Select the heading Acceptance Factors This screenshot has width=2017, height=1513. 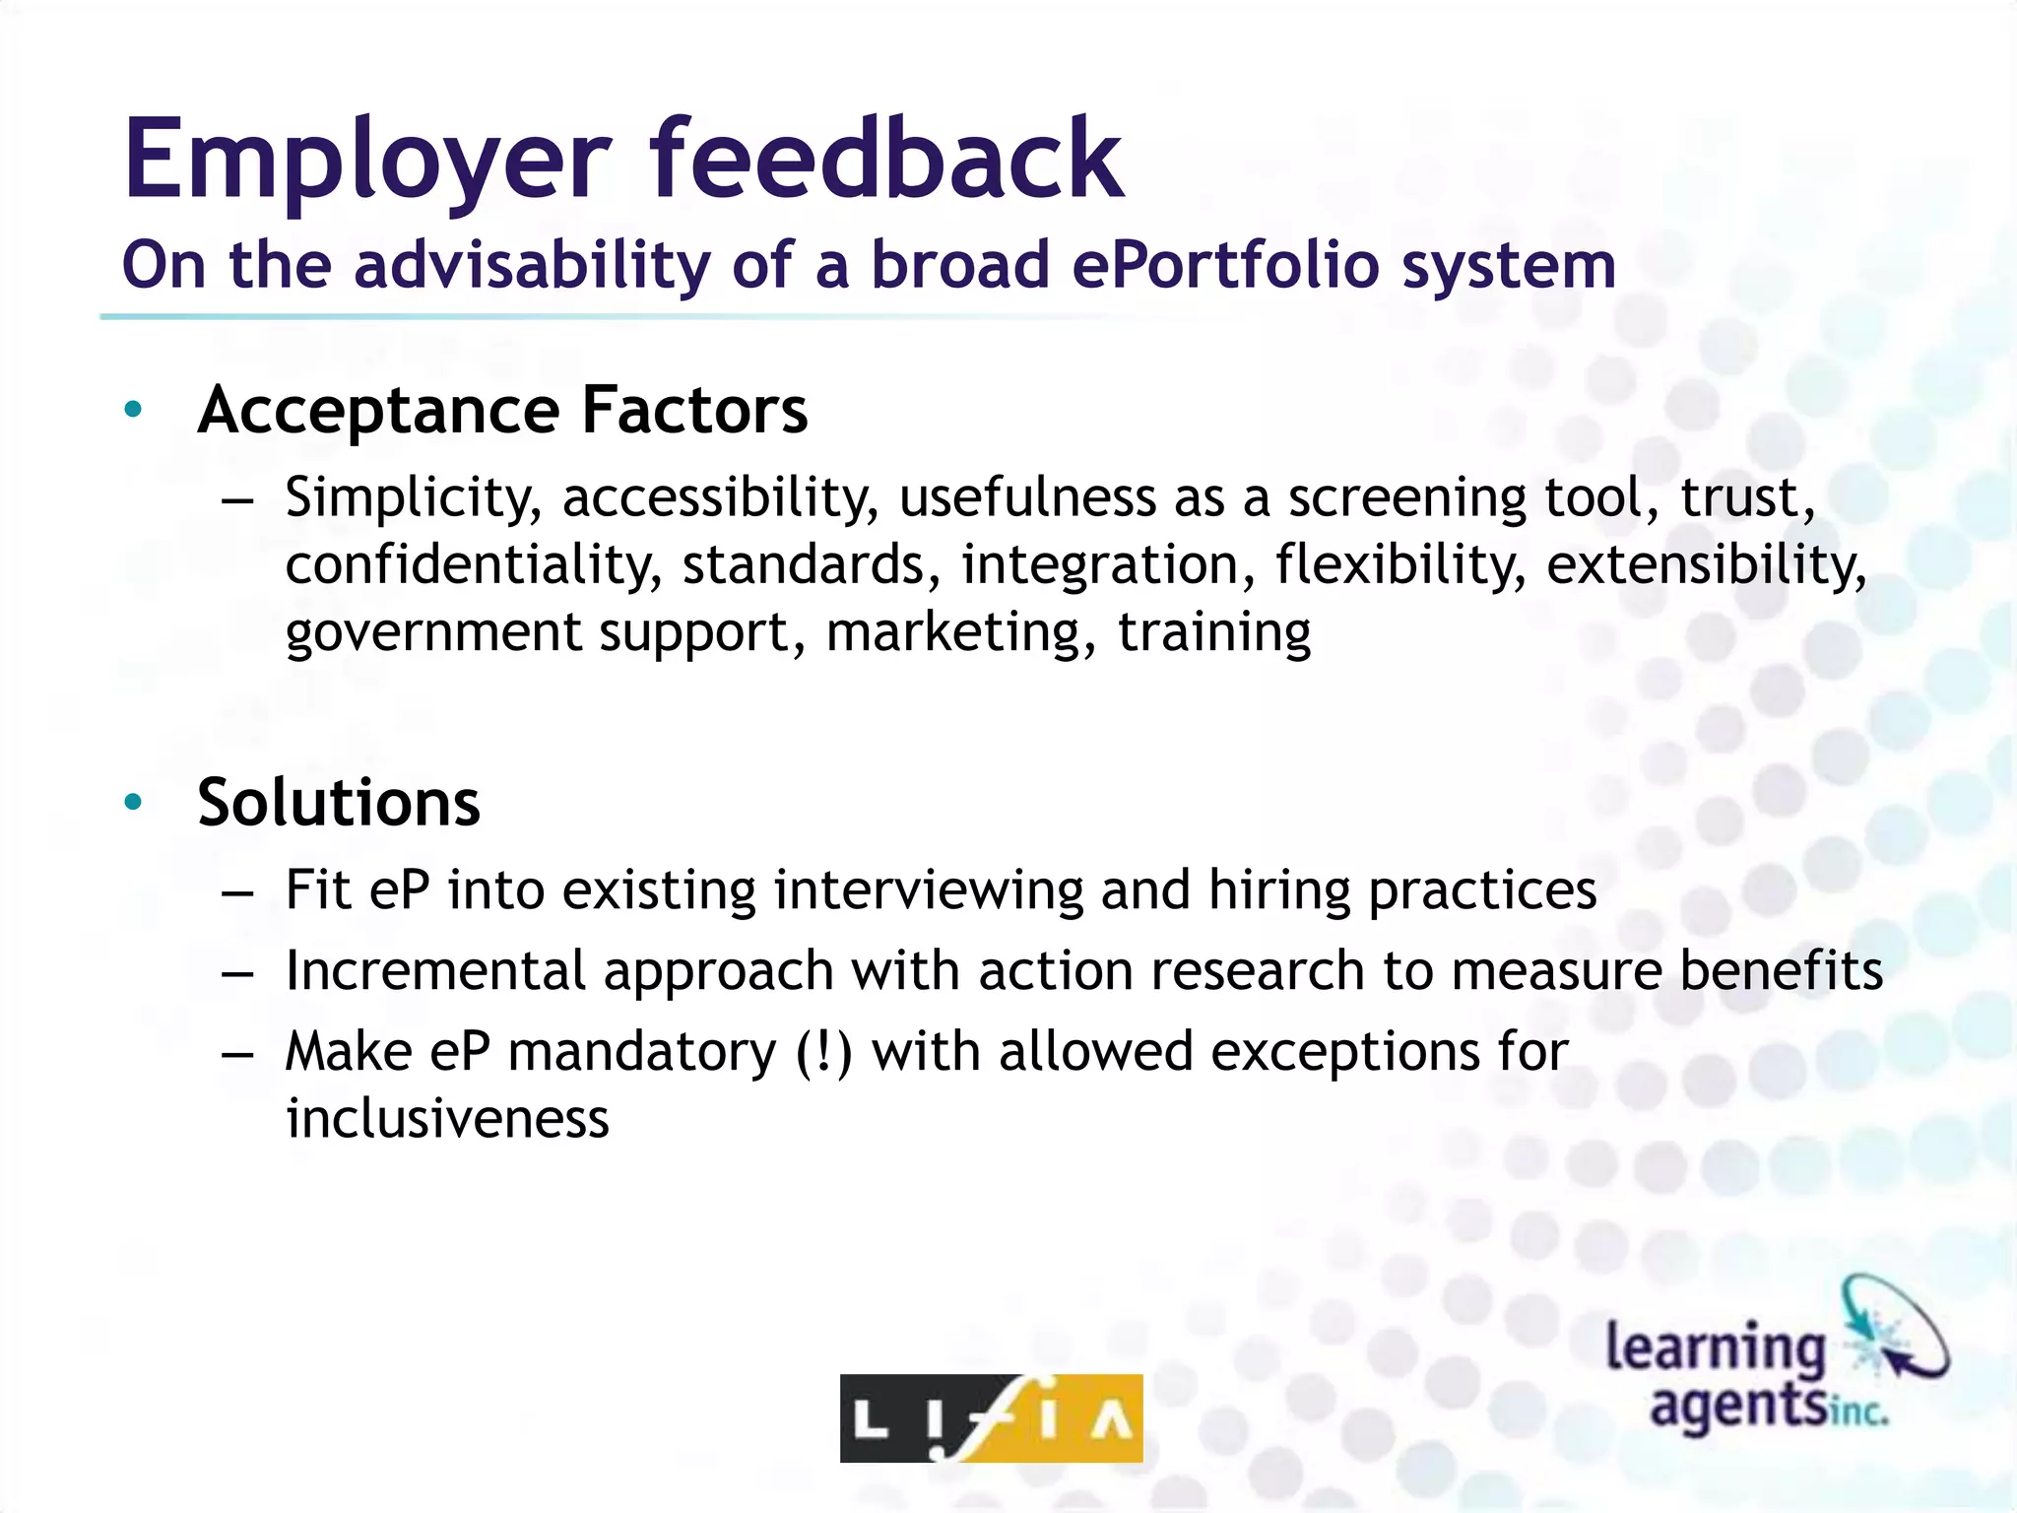pos(502,410)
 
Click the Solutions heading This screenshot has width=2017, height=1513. pos(339,803)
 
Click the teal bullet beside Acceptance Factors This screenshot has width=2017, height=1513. pos(134,410)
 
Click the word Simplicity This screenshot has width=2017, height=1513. pos(413,498)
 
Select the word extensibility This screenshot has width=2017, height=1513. pos(1705,565)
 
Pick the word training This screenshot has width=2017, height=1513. pos(1214,632)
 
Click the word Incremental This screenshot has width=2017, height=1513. pos(435,971)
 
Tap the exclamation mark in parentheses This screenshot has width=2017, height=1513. pos(822,1052)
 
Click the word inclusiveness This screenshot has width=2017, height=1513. pos(447,1120)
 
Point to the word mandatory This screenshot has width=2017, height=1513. pos(642,1052)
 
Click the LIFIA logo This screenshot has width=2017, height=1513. pos(991,1418)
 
